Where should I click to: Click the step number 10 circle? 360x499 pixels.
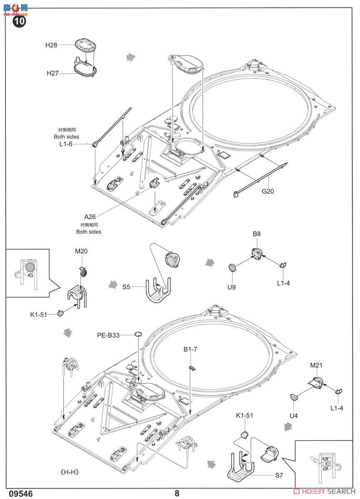(x=20, y=22)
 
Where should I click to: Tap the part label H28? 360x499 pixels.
(x=51, y=45)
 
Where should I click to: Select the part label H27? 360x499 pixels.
(x=52, y=74)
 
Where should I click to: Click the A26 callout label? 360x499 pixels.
(x=90, y=217)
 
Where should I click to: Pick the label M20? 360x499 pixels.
(x=82, y=251)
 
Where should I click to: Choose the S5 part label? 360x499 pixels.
(x=127, y=287)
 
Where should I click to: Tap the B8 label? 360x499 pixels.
(x=257, y=234)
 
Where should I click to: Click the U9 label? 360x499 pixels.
(x=232, y=287)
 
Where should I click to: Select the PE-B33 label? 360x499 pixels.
(x=108, y=335)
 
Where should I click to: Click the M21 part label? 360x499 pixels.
(x=316, y=365)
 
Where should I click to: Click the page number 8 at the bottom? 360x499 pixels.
(x=177, y=493)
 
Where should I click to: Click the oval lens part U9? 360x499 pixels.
(x=233, y=268)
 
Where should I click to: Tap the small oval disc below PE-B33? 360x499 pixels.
(x=138, y=334)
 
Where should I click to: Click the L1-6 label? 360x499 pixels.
(x=66, y=144)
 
